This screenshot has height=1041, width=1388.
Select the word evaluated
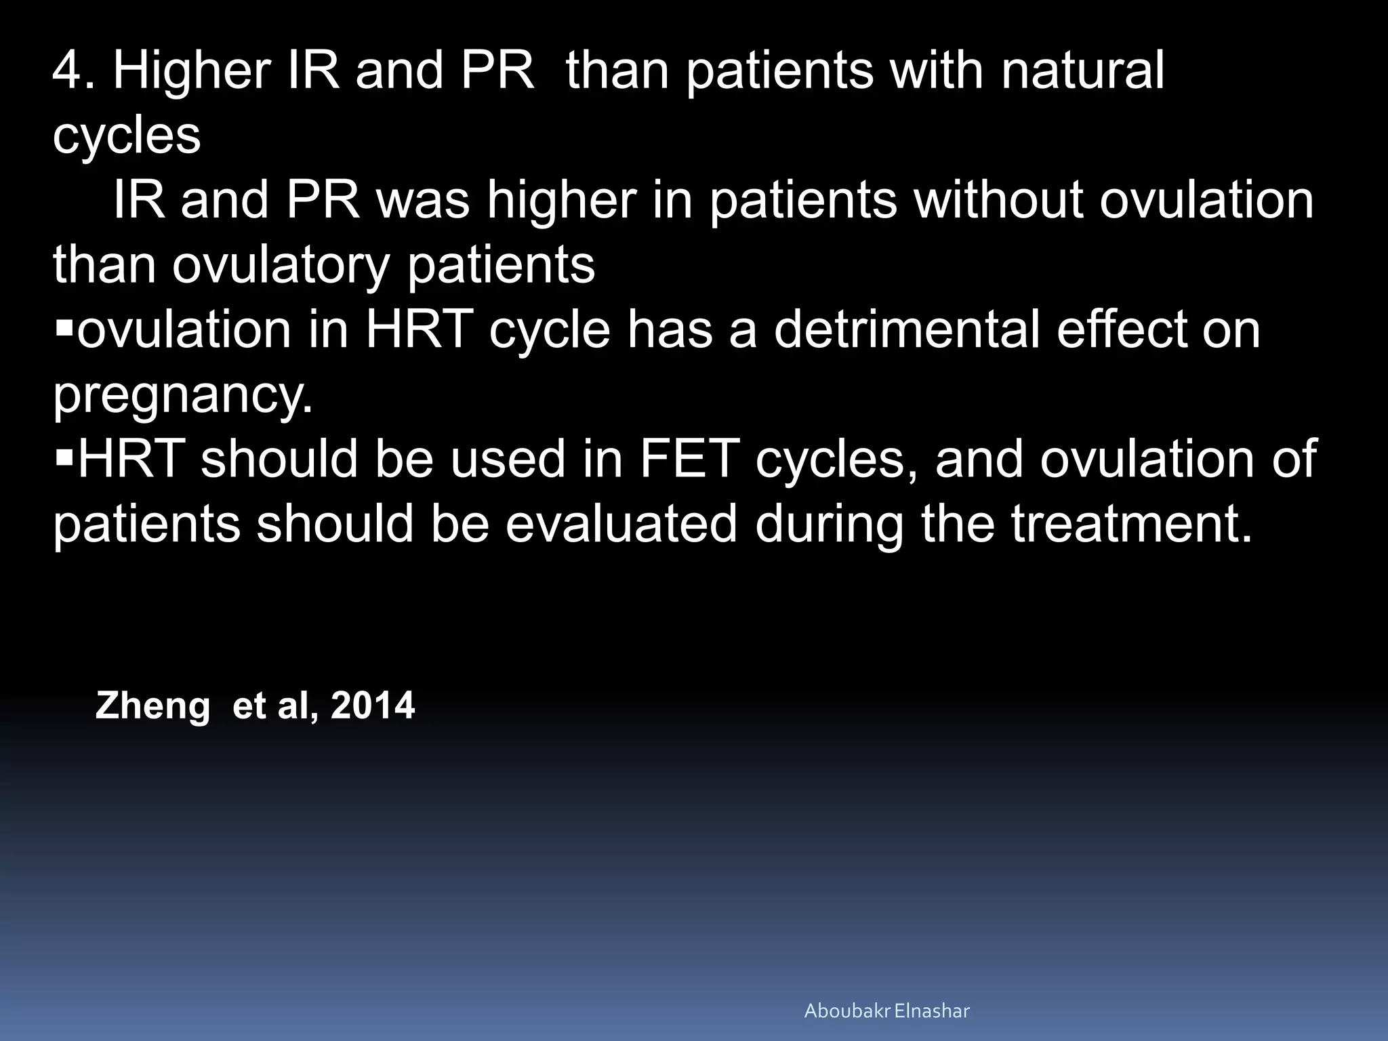tap(621, 524)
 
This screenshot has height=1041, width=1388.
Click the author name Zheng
tap(152, 706)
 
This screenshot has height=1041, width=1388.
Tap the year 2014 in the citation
tap(372, 706)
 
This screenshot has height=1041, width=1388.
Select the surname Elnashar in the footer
tap(933, 1011)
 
